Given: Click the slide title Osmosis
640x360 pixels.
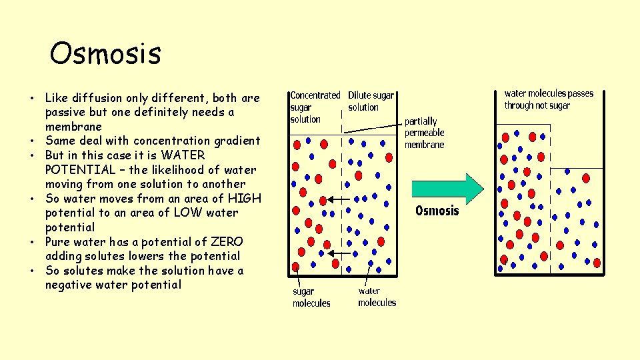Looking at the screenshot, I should pos(105,53).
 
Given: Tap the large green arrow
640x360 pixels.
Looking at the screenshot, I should pos(449,189).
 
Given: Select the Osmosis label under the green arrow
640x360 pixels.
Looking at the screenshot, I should pos(437,211).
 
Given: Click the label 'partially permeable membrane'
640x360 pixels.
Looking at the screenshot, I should pos(425,133).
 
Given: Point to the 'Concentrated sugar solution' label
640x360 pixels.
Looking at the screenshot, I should pos(315,107).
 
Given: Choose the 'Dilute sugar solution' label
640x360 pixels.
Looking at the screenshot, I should pos(371,101).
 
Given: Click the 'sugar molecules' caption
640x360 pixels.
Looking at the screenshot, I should pos(311,297).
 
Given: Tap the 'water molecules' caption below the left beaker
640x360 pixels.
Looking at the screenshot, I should pos(377,297).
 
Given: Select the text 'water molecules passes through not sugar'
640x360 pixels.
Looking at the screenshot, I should pos(548,99).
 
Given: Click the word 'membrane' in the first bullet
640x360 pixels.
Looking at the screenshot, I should pos(73,127).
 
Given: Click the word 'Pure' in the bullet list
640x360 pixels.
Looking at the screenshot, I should pos(59,242).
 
